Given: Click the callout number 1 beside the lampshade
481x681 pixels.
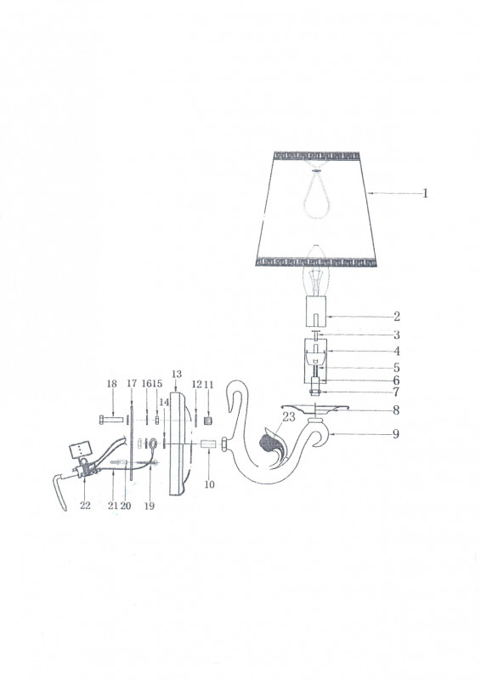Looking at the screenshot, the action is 426,193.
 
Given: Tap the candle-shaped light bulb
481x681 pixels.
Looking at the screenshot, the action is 316,270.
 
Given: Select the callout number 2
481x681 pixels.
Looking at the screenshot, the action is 397,317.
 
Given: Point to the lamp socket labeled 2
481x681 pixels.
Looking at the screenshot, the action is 316,311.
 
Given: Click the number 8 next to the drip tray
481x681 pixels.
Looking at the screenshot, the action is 396,410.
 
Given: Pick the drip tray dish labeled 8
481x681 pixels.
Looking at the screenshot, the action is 315,407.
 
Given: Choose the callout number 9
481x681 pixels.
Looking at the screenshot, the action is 395,434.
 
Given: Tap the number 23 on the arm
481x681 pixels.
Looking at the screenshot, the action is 289,417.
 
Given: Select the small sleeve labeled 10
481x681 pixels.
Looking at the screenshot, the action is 210,445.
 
